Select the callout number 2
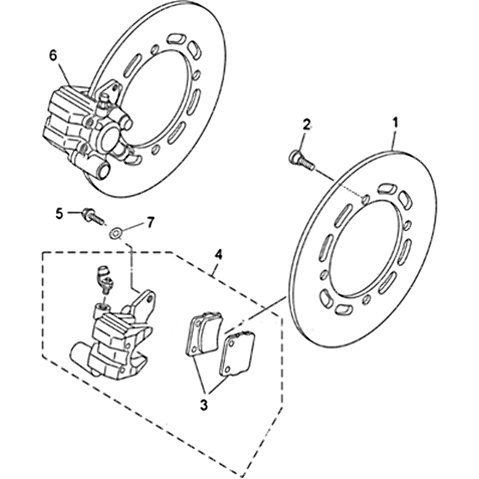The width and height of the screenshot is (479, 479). (307, 125)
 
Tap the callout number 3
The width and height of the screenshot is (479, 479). (204, 405)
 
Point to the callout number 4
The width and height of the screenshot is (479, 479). (219, 254)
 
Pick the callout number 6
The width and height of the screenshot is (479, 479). (53, 56)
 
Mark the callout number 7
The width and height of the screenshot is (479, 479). (150, 222)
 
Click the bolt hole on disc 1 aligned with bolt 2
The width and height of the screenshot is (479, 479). (365, 198)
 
